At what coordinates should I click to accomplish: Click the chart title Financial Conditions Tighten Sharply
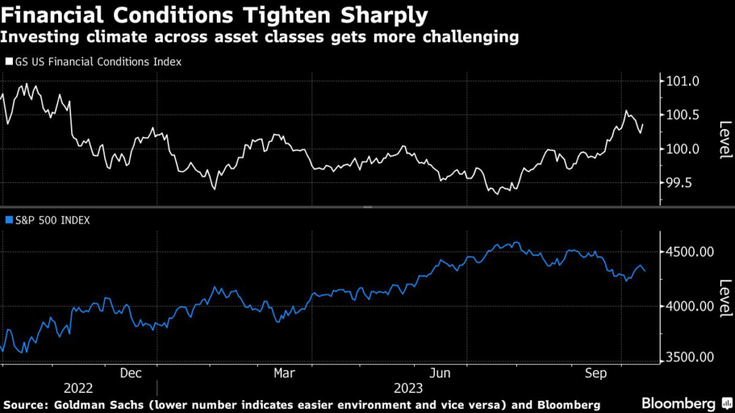pyautogui.click(x=215, y=14)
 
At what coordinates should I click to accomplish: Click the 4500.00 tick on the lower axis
pyautogui.click(x=687, y=252)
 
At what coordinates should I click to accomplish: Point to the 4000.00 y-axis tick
pyautogui.click(x=687, y=306)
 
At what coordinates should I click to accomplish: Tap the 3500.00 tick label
pyautogui.click(x=687, y=358)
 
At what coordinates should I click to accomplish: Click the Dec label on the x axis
pyautogui.click(x=131, y=374)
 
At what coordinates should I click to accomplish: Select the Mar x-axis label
pyautogui.click(x=285, y=374)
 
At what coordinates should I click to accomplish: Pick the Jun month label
pyautogui.click(x=440, y=374)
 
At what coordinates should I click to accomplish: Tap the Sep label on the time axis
pyautogui.click(x=597, y=374)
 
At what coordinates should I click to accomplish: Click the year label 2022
pyautogui.click(x=78, y=388)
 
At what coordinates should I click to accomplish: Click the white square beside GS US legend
pyautogui.click(x=9, y=62)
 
